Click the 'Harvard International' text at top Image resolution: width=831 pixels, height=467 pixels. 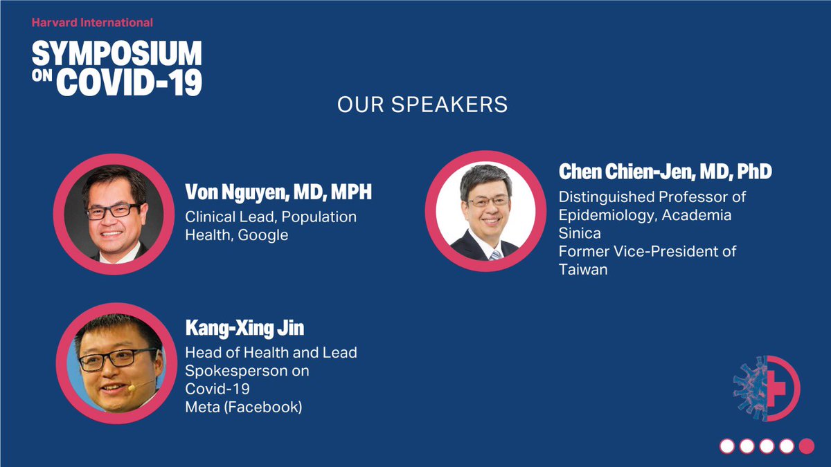(x=92, y=23)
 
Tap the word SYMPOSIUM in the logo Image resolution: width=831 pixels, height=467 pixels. (x=116, y=53)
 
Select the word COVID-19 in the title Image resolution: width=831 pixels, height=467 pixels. (x=129, y=82)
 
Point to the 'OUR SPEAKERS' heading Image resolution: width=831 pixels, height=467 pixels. (x=422, y=105)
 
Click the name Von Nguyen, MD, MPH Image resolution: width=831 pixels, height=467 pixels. (x=278, y=192)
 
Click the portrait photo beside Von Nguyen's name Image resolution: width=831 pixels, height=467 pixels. (x=114, y=214)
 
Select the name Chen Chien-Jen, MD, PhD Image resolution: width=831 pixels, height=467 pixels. (x=665, y=172)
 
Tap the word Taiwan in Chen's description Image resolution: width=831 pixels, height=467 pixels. (x=583, y=270)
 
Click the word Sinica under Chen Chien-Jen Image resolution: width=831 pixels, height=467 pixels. (x=580, y=233)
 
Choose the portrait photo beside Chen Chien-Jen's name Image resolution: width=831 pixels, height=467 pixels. (x=485, y=212)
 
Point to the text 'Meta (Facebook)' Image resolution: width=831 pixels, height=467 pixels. (x=243, y=408)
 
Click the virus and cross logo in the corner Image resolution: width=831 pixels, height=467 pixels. (x=766, y=389)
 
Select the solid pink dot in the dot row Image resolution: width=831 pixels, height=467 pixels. (x=807, y=446)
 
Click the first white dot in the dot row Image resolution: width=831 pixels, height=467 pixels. (x=726, y=446)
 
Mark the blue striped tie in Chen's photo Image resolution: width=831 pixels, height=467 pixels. (x=494, y=255)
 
